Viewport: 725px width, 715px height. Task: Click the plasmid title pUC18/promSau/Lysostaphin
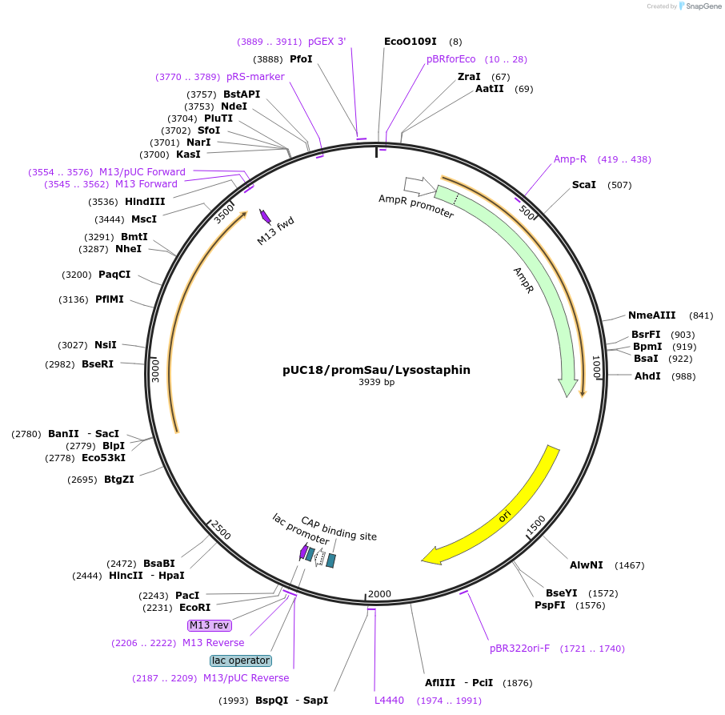[x=376, y=370]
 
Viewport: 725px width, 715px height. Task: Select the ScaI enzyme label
[x=583, y=185]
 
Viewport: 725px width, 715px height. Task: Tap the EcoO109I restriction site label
[x=410, y=41]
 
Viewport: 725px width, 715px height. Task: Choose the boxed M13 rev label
[x=208, y=625]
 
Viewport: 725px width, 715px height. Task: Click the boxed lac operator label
[x=241, y=661]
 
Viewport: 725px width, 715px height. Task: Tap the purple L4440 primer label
[x=389, y=701]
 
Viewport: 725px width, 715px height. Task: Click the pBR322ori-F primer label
[x=519, y=648]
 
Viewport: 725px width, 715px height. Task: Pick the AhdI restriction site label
[x=647, y=376]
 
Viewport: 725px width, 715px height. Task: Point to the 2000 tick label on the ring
[x=379, y=593]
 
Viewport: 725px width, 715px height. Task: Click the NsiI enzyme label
[x=106, y=345]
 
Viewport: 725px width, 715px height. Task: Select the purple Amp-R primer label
[x=570, y=159]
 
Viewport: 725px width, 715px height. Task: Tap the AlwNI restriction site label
[x=586, y=564]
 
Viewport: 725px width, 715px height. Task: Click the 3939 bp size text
[x=376, y=383]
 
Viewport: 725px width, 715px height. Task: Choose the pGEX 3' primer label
[x=326, y=42]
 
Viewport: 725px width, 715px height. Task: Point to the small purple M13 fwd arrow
[x=266, y=217]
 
